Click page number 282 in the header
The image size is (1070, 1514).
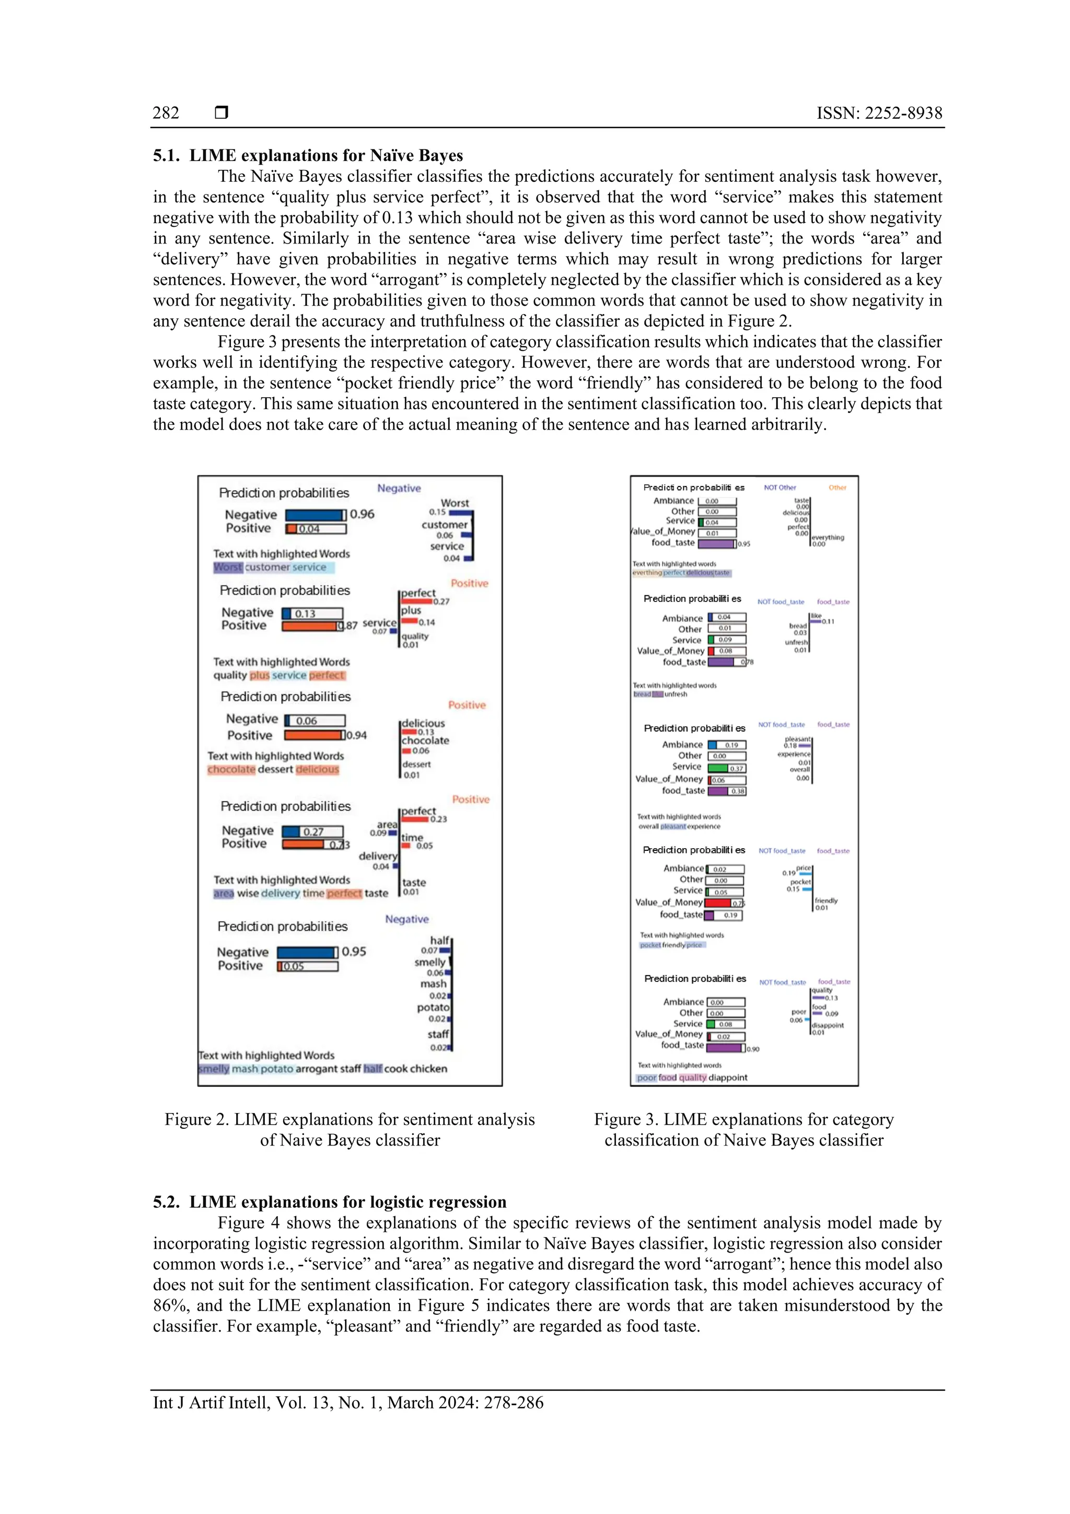click(x=166, y=113)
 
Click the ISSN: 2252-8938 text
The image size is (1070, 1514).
click(x=879, y=113)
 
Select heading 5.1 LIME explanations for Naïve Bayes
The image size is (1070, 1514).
click(x=308, y=156)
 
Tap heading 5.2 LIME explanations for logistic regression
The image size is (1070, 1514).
click(x=330, y=1201)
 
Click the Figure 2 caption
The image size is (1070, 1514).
click(x=350, y=1129)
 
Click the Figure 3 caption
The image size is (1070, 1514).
click(x=743, y=1129)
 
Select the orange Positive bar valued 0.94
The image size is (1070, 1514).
click(x=314, y=735)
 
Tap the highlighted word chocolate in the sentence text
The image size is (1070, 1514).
click(x=231, y=769)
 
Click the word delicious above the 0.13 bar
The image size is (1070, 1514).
click(x=423, y=723)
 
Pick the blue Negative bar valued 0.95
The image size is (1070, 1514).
click(x=307, y=952)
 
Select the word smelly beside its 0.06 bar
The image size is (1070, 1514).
click(x=430, y=962)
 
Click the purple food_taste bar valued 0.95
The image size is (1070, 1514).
click(x=716, y=544)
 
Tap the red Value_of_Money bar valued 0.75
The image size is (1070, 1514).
click(x=718, y=903)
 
